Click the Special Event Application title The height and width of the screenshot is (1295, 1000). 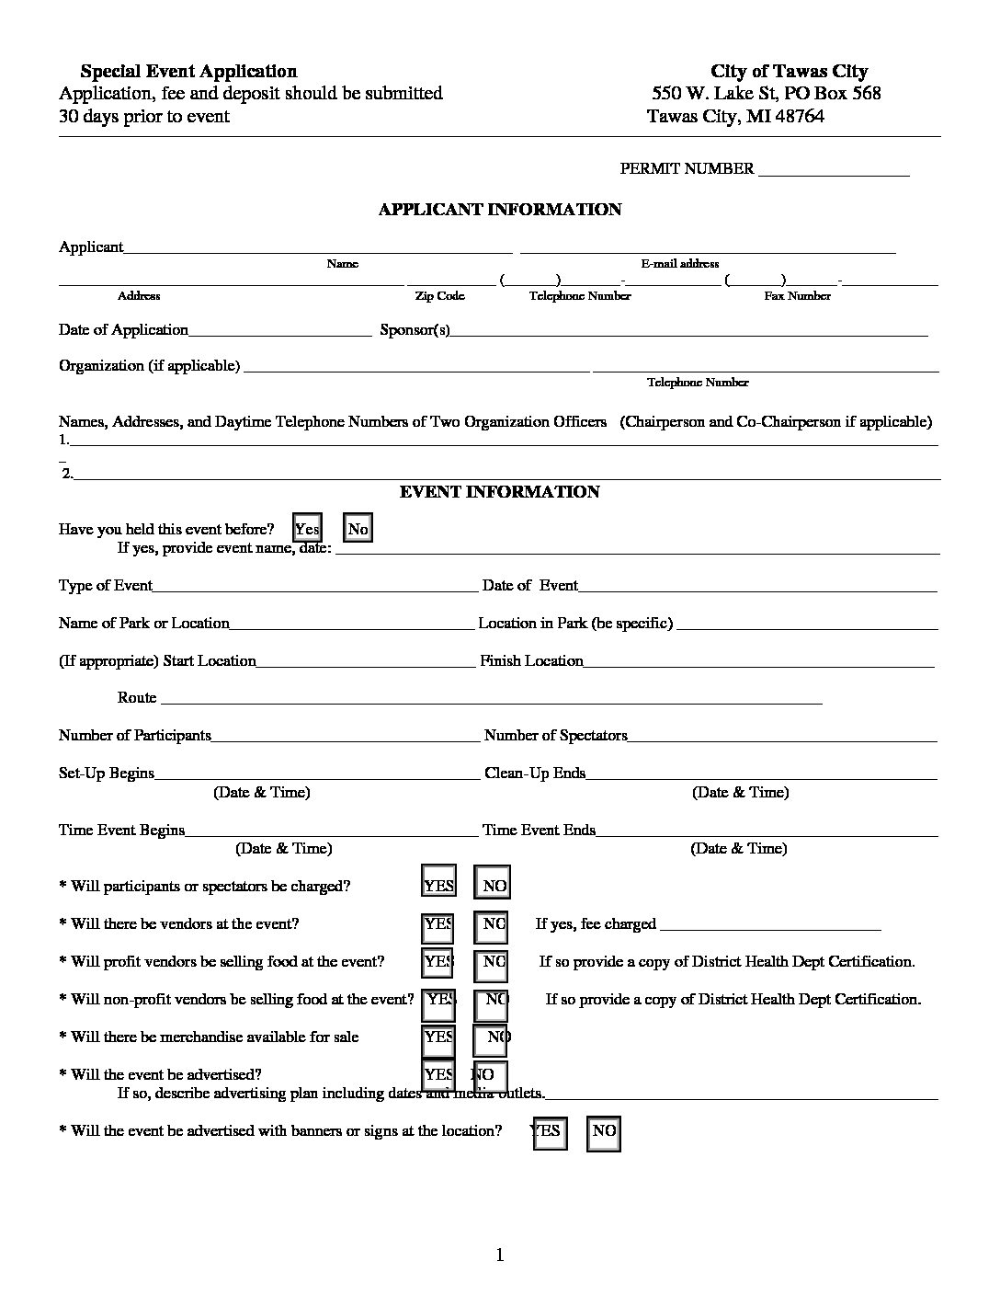pyautogui.click(x=188, y=71)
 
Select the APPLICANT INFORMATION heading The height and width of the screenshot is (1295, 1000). pyautogui.click(x=500, y=210)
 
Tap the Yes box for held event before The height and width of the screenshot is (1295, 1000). pyautogui.click(x=307, y=529)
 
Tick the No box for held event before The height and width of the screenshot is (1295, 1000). pyautogui.click(x=358, y=529)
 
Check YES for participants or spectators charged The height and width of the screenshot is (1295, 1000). pyautogui.click(x=438, y=885)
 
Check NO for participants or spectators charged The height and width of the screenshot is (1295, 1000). pyautogui.click(x=493, y=885)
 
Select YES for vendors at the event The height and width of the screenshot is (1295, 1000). pyautogui.click(x=438, y=923)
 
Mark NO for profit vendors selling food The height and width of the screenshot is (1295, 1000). pyautogui.click(x=493, y=961)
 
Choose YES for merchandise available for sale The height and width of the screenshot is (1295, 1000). pyautogui.click(x=438, y=1037)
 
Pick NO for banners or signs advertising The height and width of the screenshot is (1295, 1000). pyautogui.click(x=603, y=1131)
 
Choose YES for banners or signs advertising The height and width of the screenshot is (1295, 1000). pyautogui.click(x=548, y=1131)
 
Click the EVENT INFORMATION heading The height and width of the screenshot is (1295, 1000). pyautogui.click(x=499, y=492)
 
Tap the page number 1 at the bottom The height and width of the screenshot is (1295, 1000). pyautogui.click(x=500, y=1255)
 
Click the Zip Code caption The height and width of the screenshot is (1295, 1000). pyautogui.click(x=439, y=296)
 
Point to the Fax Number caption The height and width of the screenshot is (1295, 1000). pyautogui.click(x=797, y=296)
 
